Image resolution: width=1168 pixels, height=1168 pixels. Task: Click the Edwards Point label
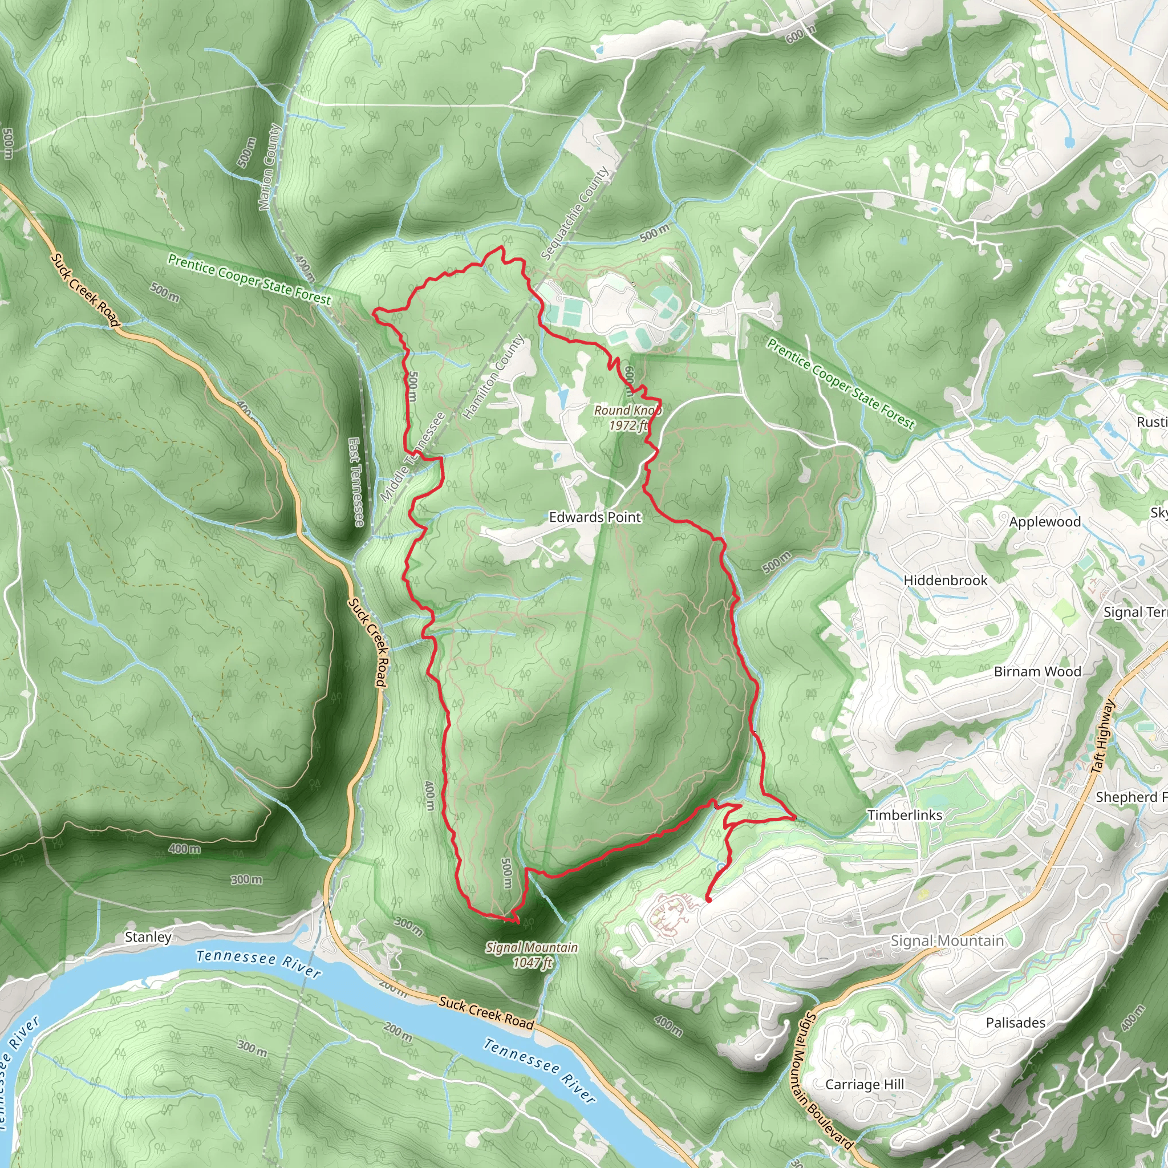pyautogui.click(x=595, y=517)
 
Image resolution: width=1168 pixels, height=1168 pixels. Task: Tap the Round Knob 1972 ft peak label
pyautogui.click(x=627, y=417)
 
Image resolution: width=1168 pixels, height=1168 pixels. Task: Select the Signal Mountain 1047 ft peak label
pyautogui.click(x=532, y=955)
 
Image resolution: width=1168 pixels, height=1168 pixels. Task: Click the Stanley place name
pyautogui.click(x=148, y=937)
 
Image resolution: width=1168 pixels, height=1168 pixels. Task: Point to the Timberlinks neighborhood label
pyautogui.click(x=905, y=815)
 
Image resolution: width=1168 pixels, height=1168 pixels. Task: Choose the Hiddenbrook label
pyautogui.click(x=945, y=581)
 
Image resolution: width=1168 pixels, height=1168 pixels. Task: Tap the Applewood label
pyautogui.click(x=1045, y=522)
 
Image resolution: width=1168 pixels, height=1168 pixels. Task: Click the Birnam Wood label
pyautogui.click(x=1037, y=672)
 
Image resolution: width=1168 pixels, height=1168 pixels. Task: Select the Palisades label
pyautogui.click(x=1016, y=1023)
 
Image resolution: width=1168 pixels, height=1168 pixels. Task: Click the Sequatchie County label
pyautogui.click(x=575, y=213)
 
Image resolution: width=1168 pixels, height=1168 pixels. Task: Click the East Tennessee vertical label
pyautogui.click(x=356, y=482)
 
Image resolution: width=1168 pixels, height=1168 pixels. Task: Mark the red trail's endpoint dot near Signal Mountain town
pyautogui.click(x=708, y=899)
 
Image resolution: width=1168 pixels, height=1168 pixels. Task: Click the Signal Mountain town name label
pyautogui.click(x=947, y=940)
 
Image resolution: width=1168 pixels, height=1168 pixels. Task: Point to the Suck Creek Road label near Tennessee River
pyautogui.click(x=486, y=1013)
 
